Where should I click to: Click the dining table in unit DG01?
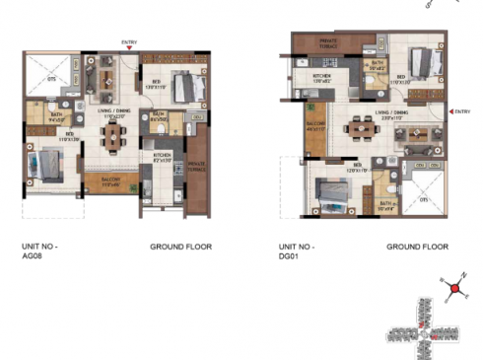click(x=356, y=127)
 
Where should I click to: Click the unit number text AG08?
click(x=34, y=252)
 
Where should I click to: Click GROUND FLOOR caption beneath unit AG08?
click(x=180, y=247)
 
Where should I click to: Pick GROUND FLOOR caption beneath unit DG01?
click(x=417, y=247)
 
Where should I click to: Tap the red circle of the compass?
click(x=455, y=290)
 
